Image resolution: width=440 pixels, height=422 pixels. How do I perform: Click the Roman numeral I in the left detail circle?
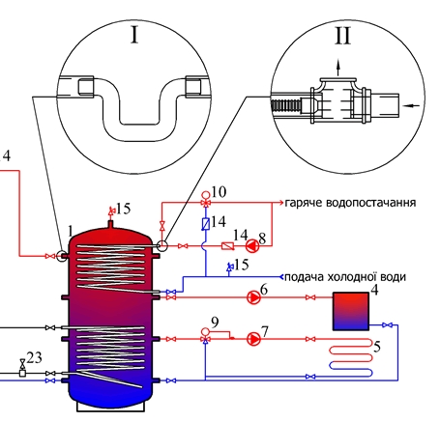point(134,35)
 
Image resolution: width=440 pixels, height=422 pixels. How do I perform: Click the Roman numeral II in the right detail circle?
point(342,36)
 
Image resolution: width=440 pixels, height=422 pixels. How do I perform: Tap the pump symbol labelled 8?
point(252,246)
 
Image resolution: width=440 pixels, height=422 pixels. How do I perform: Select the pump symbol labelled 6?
point(253,297)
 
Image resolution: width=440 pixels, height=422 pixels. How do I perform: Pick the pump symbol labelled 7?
point(253,339)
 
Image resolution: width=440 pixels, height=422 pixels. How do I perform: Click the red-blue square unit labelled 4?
point(351,311)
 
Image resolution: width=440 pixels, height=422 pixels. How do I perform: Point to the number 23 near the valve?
point(35,357)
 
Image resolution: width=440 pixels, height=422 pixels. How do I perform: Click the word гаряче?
point(304,203)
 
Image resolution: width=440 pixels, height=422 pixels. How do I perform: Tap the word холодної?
point(350,277)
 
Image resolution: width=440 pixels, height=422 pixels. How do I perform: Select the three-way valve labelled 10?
point(205,203)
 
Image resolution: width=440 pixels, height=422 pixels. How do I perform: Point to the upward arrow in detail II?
point(338,68)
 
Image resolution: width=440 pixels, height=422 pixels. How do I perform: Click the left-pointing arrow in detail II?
point(412,105)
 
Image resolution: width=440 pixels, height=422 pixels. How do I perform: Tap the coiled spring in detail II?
point(286,105)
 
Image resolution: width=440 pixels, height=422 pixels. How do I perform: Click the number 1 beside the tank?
point(71,231)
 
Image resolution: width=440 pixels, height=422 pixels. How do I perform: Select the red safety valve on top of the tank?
point(111,211)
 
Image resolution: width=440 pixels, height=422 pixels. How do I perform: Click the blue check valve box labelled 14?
point(206,223)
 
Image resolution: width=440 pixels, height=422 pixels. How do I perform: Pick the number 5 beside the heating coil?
point(377,347)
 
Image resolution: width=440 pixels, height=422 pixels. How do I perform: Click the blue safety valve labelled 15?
point(229,267)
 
